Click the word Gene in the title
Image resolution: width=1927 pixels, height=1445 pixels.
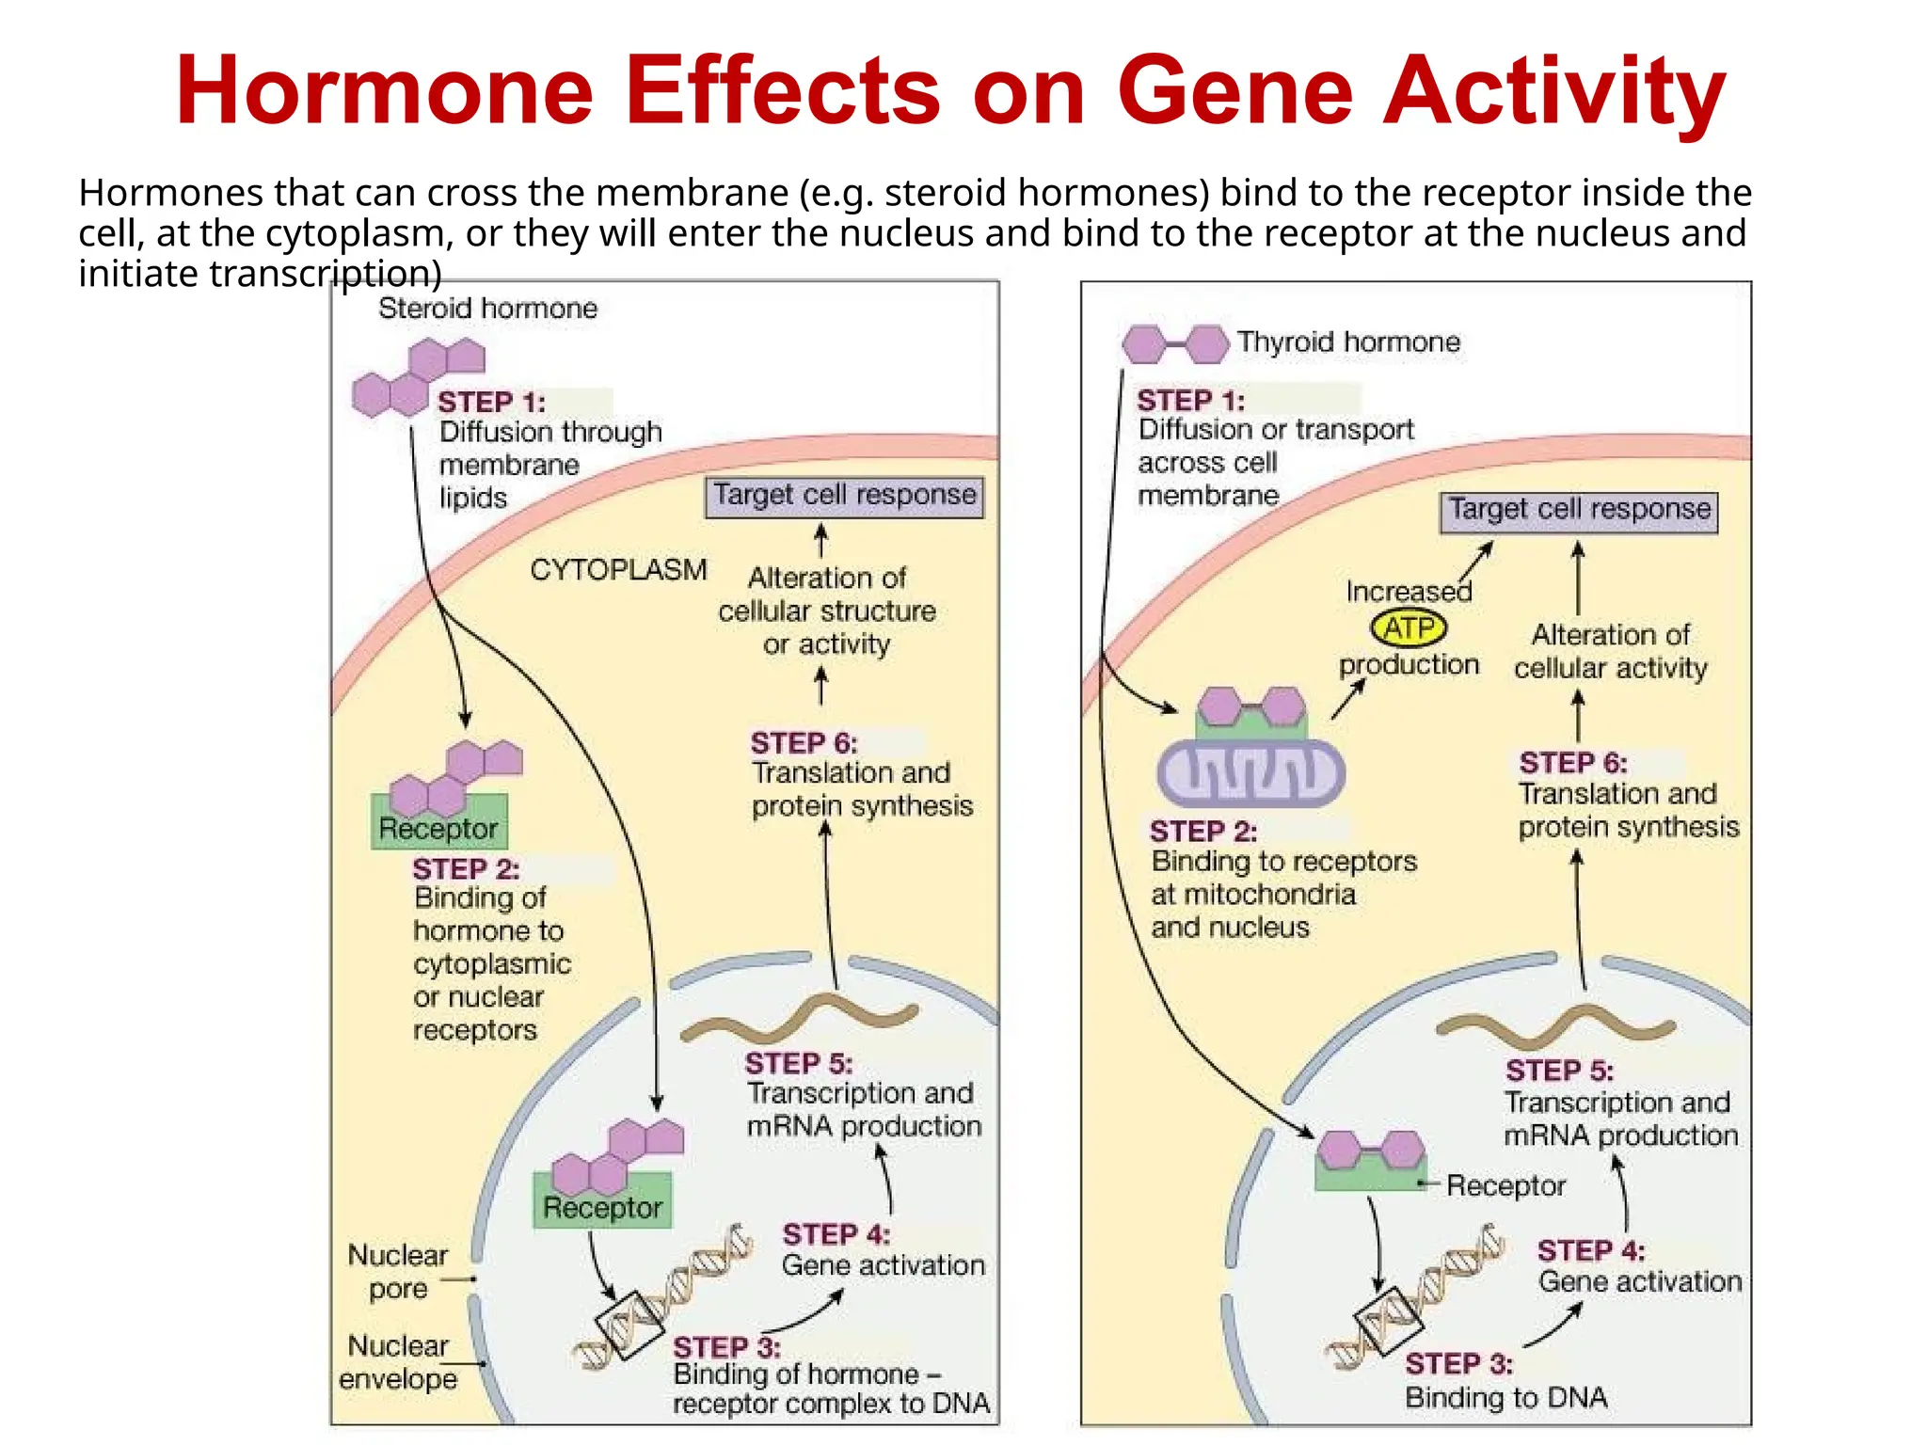1234,91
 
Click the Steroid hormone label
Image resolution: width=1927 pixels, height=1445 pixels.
487,309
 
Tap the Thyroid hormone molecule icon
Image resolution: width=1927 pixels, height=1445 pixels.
1175,344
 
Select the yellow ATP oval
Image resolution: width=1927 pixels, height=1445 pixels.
1409,627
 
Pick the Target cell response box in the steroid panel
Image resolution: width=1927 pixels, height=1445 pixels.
844,496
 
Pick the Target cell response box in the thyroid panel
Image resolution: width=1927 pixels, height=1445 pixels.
1579,511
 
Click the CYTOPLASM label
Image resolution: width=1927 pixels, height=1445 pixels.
618,570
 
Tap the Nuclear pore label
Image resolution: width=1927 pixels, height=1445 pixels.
397,1272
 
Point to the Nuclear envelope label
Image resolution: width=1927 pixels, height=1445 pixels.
397,1362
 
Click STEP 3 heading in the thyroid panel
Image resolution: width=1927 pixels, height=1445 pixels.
1458,1363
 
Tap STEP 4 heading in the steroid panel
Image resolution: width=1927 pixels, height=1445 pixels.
836,1234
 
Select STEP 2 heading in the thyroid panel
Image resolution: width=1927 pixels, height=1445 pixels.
1202,832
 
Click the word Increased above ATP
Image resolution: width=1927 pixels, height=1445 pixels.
1409,592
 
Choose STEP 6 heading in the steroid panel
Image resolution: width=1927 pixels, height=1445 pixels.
804,743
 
